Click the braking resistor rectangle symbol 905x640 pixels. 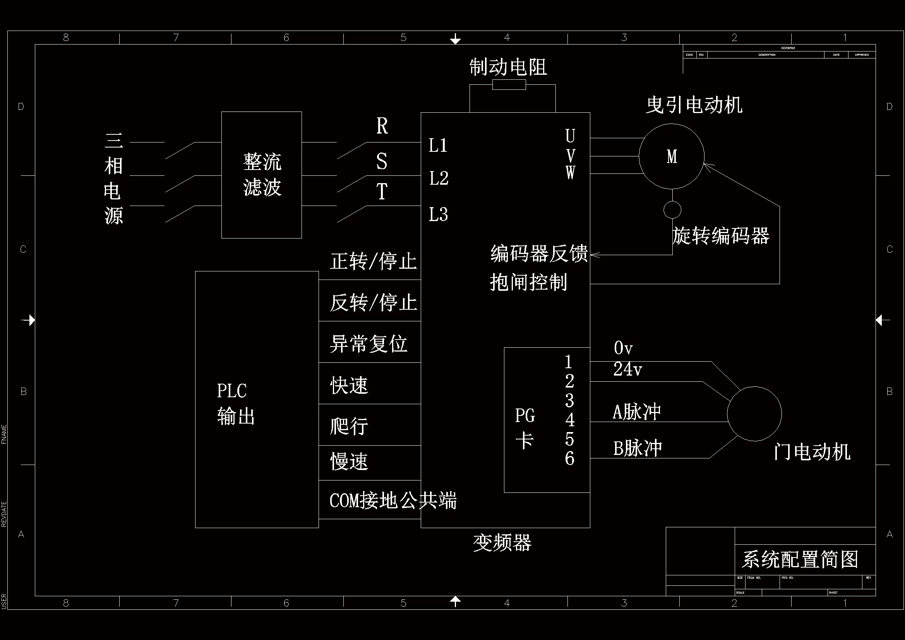[x=509, y=84]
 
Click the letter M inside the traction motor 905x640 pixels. [x=672, y=156]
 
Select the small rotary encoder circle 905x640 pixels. [x=672, y=210]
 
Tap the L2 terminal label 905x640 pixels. [x=439, y=178]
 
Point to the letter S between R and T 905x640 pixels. [x=381, y=161]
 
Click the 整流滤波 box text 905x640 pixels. [x=262, y=174]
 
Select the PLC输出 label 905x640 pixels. [x=235, y=403]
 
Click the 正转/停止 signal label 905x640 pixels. [x=373, y=261]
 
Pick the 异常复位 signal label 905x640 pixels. [x=368, y=343]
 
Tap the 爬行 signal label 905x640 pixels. [x=349, y=426]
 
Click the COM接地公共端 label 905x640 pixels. [x=393, y=501]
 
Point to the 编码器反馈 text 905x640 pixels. [x=538, y=253]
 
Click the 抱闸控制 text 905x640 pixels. [x=528, y=282]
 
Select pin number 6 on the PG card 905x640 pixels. [x=569, y=458]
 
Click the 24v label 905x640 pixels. [x=627, y=369]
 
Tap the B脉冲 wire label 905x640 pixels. [x=637, y=448]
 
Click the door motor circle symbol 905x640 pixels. [x=754, y=414]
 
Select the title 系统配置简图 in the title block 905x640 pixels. [x=800, y=559]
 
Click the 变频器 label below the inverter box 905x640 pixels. [x=502, y=543]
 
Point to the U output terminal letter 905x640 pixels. [x=570, y=136]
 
